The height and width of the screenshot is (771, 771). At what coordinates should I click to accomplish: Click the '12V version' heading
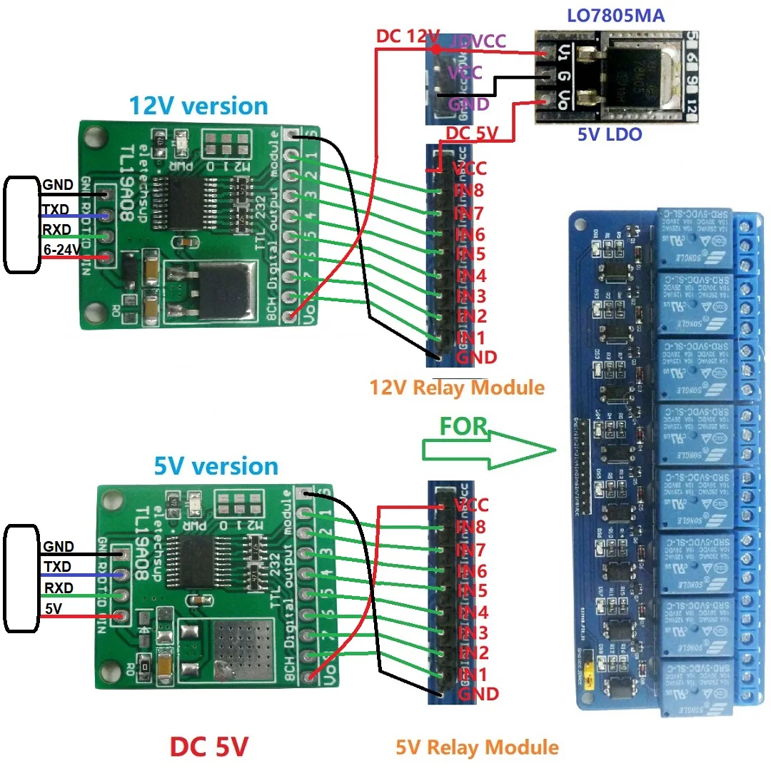click(x=198, y=106)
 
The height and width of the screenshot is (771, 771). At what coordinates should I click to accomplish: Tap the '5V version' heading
click(x=216, y=466)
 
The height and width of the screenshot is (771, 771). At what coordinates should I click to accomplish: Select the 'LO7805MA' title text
click(x=615, y=15)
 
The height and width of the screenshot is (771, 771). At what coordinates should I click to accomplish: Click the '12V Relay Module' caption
click(x=457, y=388)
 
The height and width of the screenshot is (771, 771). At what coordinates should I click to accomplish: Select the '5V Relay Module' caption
click(x=477, y=747)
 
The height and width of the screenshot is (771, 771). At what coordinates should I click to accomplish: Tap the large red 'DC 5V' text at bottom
click(x=209, y=747)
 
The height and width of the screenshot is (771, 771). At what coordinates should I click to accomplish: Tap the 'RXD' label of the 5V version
click(x=58, y=588)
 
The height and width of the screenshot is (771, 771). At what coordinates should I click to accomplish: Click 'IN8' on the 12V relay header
click(x=470, y=191)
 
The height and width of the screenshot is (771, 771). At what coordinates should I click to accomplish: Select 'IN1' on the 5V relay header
click(x=472, y=674)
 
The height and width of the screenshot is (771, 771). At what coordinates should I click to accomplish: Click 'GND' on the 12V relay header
click(x=475, y=357)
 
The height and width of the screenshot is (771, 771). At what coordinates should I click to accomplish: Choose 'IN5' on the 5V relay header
click(x=472, y=591)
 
